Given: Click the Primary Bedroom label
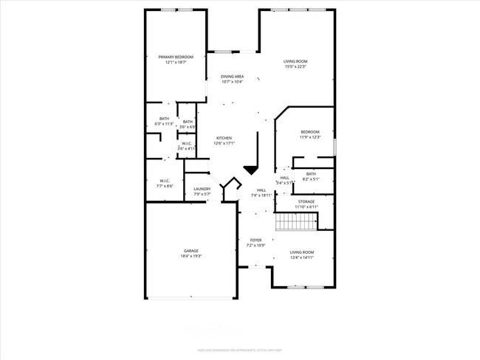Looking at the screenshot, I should [175, 60].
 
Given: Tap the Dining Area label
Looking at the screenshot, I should [233, 79].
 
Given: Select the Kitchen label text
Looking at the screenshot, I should [224, 141].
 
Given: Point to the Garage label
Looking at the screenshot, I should [191, 253].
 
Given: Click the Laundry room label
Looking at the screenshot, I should [202, 192].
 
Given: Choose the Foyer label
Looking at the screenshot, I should [256, 242].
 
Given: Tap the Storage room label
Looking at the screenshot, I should [306, 204].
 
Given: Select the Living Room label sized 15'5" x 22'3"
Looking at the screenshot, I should [295, 64].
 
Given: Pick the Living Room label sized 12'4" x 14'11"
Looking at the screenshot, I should [301, 255].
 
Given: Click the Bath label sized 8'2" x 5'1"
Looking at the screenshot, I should [311, 176].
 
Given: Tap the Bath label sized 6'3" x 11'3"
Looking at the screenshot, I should [164, 121].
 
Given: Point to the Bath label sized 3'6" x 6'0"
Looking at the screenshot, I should [188, 125].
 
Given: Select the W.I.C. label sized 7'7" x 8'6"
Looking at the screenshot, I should [165, 183].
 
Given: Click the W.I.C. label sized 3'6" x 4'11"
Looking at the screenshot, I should [187, 146].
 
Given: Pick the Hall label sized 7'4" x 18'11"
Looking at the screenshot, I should [261, 193].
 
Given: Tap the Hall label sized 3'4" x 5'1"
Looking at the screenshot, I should [284, 180].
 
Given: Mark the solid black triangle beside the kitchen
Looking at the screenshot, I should [251, 170].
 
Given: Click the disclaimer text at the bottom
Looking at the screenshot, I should [240, 350].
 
